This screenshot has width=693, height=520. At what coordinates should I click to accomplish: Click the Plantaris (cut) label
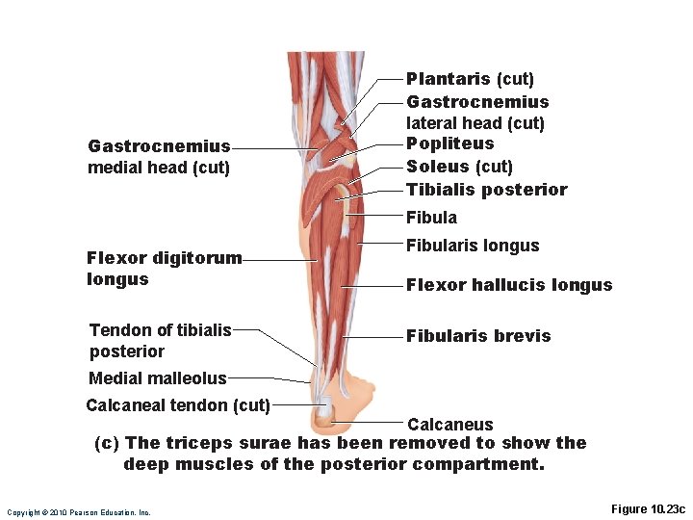tap(470, 79)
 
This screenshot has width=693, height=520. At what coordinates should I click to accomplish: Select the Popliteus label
tap(449, 143)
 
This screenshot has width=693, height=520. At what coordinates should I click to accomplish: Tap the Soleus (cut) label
tap(459, 167)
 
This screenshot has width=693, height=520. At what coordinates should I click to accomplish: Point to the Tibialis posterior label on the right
tap(486, 190)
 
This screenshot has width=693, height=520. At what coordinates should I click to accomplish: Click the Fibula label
tap(431, 218)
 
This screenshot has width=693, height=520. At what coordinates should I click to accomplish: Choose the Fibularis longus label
tap(473, 246)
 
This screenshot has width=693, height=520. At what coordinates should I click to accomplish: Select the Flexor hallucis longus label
tap(508, 285)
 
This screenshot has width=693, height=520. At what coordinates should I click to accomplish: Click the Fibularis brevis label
tap(478, 336)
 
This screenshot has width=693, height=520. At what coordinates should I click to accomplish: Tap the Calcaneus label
tap(449, 425)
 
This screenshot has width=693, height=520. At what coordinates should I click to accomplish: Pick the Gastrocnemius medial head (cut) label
tap(159, 157)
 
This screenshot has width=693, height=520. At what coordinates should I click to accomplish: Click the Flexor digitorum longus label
tap(164, 269)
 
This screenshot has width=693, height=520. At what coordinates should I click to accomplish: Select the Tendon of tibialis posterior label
tap(160, 341)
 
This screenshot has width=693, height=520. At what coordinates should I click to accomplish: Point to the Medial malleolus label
tap(157, 378)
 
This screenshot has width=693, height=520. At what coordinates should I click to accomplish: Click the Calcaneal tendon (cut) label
tap(178, 404)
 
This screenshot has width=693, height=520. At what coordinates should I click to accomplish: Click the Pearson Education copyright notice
tap(79, 512)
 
